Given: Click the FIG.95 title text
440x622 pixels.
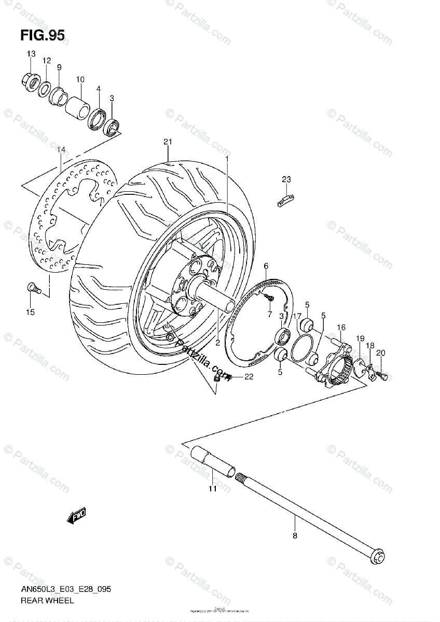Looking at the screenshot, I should pyautogui.click(x=43, y=35).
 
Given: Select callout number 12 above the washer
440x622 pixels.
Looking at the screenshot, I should pyautogui.click(x=46, y=61).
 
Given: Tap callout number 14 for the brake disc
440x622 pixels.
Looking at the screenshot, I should pyautogui.click(x=61, y=150).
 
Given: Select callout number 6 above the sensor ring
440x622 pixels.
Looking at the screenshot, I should pyautogui.click(x=266, y=266).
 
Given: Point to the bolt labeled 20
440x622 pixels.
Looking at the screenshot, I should pyautogui.click(x=382, y=374).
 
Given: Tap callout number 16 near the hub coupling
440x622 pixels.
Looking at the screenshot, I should pyautogui.click(x=341, y=327).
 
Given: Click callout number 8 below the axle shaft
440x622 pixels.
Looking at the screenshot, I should pyautogui.click(x=295, y=536).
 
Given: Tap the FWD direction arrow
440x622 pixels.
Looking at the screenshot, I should pyautogui.click(x=76, y=516).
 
